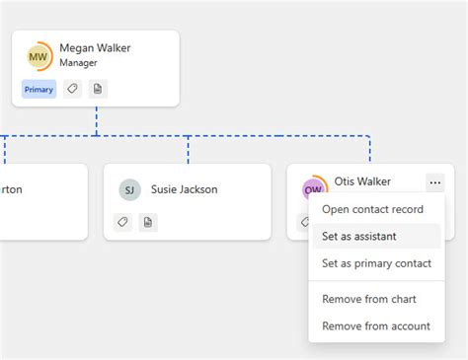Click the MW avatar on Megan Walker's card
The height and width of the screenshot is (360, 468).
pos(39,56)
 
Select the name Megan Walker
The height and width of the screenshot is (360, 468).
pos(95,47)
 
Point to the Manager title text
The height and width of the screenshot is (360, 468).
pos(79,63)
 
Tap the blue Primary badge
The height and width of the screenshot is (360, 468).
pos(39,89)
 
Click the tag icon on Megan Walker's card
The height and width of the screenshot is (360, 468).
pos(72,89)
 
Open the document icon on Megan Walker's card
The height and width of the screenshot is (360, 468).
pos(97,89)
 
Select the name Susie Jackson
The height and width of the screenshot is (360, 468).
pos(184,189)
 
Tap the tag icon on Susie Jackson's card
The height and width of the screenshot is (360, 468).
pos(123,222)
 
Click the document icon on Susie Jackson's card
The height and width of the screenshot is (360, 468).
pos(148,222)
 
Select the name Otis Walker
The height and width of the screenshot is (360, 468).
pos(362,181)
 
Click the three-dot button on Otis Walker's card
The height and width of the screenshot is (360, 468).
pos(434,181)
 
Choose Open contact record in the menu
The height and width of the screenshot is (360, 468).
pos(372,209)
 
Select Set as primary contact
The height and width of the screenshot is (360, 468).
pos(376,263)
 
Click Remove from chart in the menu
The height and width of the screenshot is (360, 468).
pos(369,299)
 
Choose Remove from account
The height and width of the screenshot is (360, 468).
pos(376,325)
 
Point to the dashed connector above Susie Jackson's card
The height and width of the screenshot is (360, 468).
pos(188,149)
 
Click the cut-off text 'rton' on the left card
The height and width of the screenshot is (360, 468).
pos(11,189)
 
